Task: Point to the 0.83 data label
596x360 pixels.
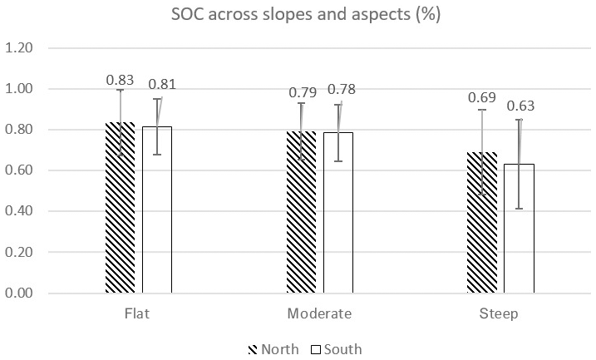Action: pyautogui.click(x=120, y=80)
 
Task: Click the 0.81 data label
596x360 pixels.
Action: pyautogui.click(x=162, y=84)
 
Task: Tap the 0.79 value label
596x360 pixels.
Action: pyautogui.click(x=302, y=92)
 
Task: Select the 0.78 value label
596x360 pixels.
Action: pyautogui.click(x=342, y=90)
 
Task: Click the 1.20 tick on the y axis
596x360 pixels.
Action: pyautogui.click(x=42, y=48)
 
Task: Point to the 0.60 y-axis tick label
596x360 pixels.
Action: pyautogui.click(x=42, y=170)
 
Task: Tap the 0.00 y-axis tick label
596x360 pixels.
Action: pyautogui.click(x=42, y=293)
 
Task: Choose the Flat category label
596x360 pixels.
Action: pyautogui.click(x=138, y=314)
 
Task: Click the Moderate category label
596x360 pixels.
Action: pyautogui.click(x=319, y=314)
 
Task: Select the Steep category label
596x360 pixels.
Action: pyautogui.click(x=500, y=314)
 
